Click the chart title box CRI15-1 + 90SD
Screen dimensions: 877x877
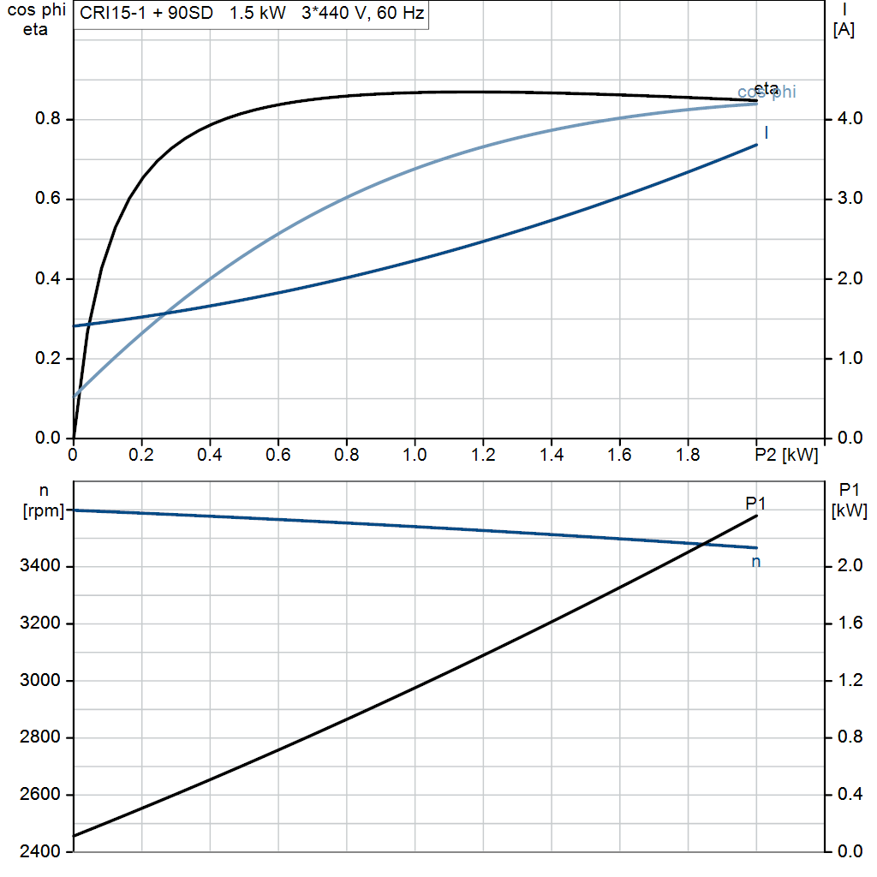click(249, 15)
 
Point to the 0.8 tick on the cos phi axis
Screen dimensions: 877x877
click(47, 119)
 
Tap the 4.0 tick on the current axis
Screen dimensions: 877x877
click(849, 119)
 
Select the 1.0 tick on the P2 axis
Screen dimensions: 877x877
click(415, 454)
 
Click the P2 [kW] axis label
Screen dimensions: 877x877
click(786, 454)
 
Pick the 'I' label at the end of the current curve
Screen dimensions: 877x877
click(766, 133)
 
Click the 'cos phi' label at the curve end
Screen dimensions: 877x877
click(767, 92)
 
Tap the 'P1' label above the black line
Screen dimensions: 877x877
click(755, 502)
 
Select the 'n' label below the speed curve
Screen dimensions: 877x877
click(756, 562)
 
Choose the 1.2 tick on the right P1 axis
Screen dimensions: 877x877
click(849, 681)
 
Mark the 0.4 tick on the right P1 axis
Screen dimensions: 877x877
click(849, 795)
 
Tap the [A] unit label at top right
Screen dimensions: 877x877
click(844, 30)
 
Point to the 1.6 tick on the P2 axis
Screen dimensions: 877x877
click(619, 454)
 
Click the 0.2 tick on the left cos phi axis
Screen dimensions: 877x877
click(47, 359)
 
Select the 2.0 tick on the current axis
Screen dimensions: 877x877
click(849, 279)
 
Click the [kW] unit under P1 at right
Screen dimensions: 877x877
click(849, 512)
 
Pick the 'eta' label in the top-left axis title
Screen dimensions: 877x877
click(36, 30)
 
